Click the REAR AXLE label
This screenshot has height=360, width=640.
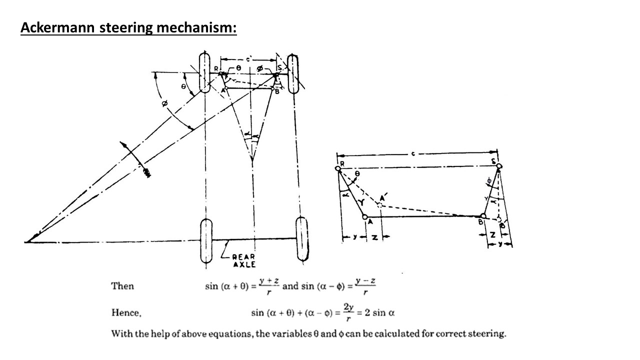click(243, 260)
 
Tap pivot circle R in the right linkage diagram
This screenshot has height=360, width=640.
click(338, 169)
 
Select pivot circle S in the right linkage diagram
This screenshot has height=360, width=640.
click(498, 166)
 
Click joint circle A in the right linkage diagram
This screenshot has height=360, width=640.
click(365, 217)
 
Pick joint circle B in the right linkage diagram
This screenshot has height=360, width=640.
click(483, 216)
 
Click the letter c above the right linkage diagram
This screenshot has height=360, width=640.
click(413, 153)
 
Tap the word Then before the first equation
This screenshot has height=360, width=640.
click(122, 286)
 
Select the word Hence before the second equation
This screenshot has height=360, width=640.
click(126, 313)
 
